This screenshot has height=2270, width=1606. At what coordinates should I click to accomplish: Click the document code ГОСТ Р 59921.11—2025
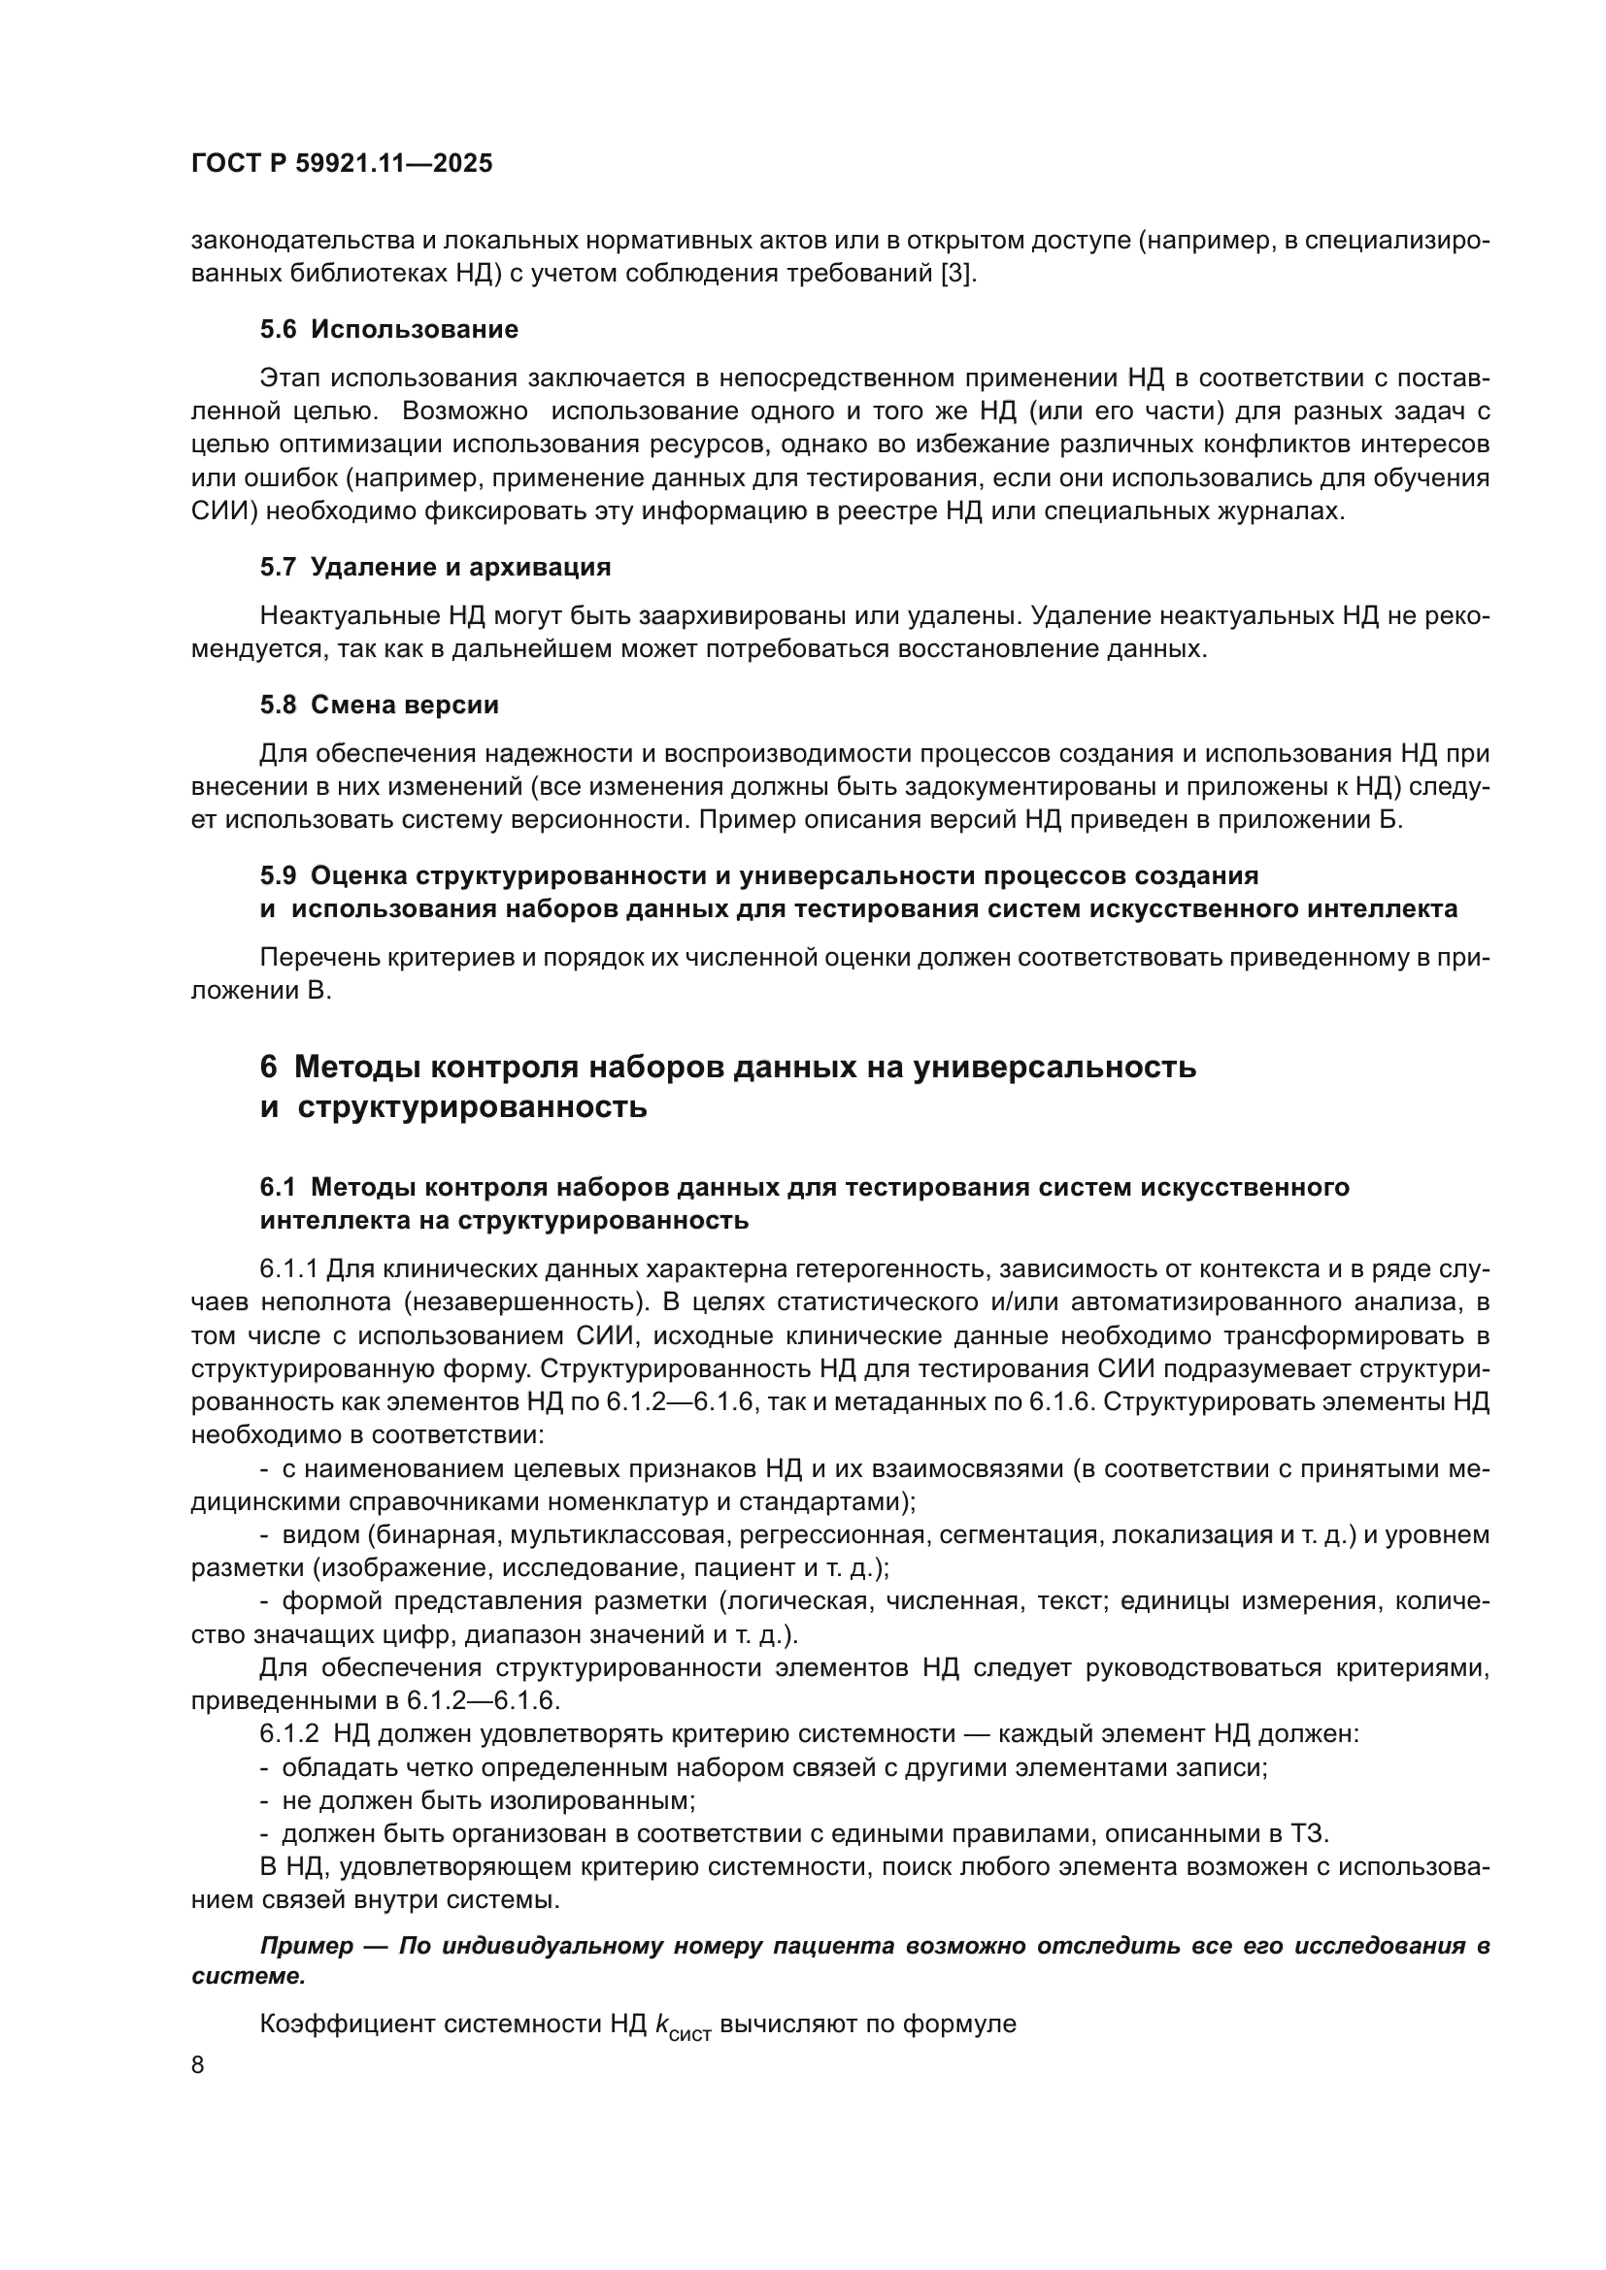tap(341, 163)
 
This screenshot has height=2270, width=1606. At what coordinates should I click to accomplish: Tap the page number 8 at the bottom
tap(198, 2065)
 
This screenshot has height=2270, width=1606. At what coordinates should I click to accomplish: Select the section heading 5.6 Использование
tap(388, 329)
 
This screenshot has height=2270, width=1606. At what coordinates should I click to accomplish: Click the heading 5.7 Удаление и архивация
tap(435, 567)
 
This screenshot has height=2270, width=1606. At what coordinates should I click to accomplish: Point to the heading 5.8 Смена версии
tap(379, 705)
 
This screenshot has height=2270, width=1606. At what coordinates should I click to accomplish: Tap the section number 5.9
tap(278, 876)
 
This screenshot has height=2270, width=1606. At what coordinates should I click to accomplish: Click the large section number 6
tap(268, 1068)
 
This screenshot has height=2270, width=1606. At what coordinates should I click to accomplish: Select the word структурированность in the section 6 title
tap(473, 1106)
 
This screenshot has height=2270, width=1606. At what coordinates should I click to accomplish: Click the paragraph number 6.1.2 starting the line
tap(288, 1733)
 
